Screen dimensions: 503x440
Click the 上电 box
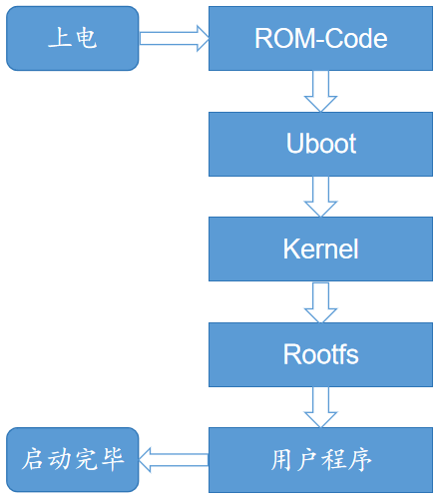72,39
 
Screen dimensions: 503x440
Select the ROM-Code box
320,39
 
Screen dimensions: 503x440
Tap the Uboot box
320,143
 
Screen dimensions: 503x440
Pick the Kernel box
320,248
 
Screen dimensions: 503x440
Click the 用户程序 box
320,459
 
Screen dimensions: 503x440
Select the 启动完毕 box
72,459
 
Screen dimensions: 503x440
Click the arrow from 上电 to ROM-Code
174,39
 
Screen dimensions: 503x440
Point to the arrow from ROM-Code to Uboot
320,91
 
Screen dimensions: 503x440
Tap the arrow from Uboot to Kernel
320,196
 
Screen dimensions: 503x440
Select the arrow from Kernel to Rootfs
320,300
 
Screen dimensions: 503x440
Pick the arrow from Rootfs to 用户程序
320,406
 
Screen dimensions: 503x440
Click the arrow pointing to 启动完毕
174,459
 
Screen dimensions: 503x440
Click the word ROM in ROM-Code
280,39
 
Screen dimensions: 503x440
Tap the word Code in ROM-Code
356,39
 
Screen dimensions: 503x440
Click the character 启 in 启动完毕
33,459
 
